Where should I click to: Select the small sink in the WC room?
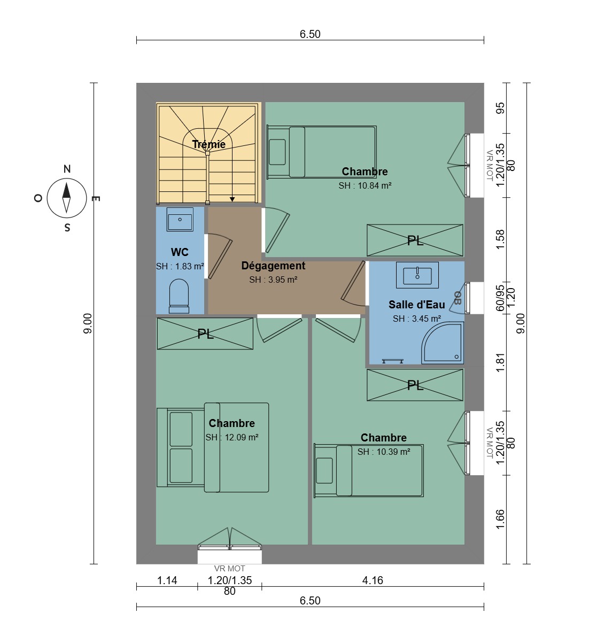tap(180, 220)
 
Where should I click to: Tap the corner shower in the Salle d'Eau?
tap(442, 343)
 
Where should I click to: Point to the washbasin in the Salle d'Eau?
tap(417, 275)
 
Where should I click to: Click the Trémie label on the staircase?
tap(209, 144)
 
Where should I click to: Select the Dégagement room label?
tap(273, 266)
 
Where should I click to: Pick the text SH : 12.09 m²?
tap(232, 437)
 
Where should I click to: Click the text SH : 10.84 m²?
tap(365, 185)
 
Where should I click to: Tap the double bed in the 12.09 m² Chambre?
tap(213, 447)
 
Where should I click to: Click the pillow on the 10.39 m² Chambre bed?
tap(324, 470)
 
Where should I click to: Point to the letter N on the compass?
tap(67, 169)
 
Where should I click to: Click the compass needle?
tap(66, 198)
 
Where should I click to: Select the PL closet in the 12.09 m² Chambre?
tap(205, 333)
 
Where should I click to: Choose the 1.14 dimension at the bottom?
tap(167, 580)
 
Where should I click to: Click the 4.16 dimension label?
tap(373, 580)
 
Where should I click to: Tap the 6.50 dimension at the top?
tap(310, 34)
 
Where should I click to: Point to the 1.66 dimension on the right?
tap(500, 519)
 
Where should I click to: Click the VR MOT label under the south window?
tap(230, 569)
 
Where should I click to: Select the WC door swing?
tap(219, 257)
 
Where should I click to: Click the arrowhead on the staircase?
tap(232, 199)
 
